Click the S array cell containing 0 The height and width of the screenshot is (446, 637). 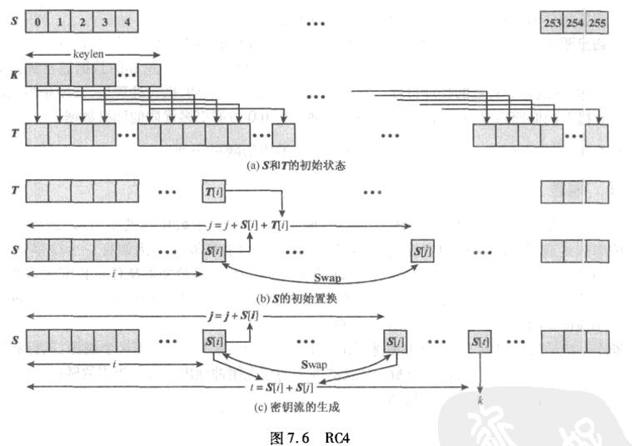[x=38, y=23]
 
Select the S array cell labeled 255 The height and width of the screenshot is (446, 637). [x=597, y=23]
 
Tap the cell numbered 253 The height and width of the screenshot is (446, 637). [x=552, y=23]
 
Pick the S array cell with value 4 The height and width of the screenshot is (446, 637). [x=127, y=23]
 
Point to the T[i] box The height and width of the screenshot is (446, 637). [x=214, y=193]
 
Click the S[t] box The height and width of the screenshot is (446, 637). [x=480, y=341]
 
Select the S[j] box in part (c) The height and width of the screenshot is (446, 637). [x=396, y=341]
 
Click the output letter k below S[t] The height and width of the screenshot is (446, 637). [x=481, y=399]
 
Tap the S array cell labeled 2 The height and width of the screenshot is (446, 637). [x=82, y=23]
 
